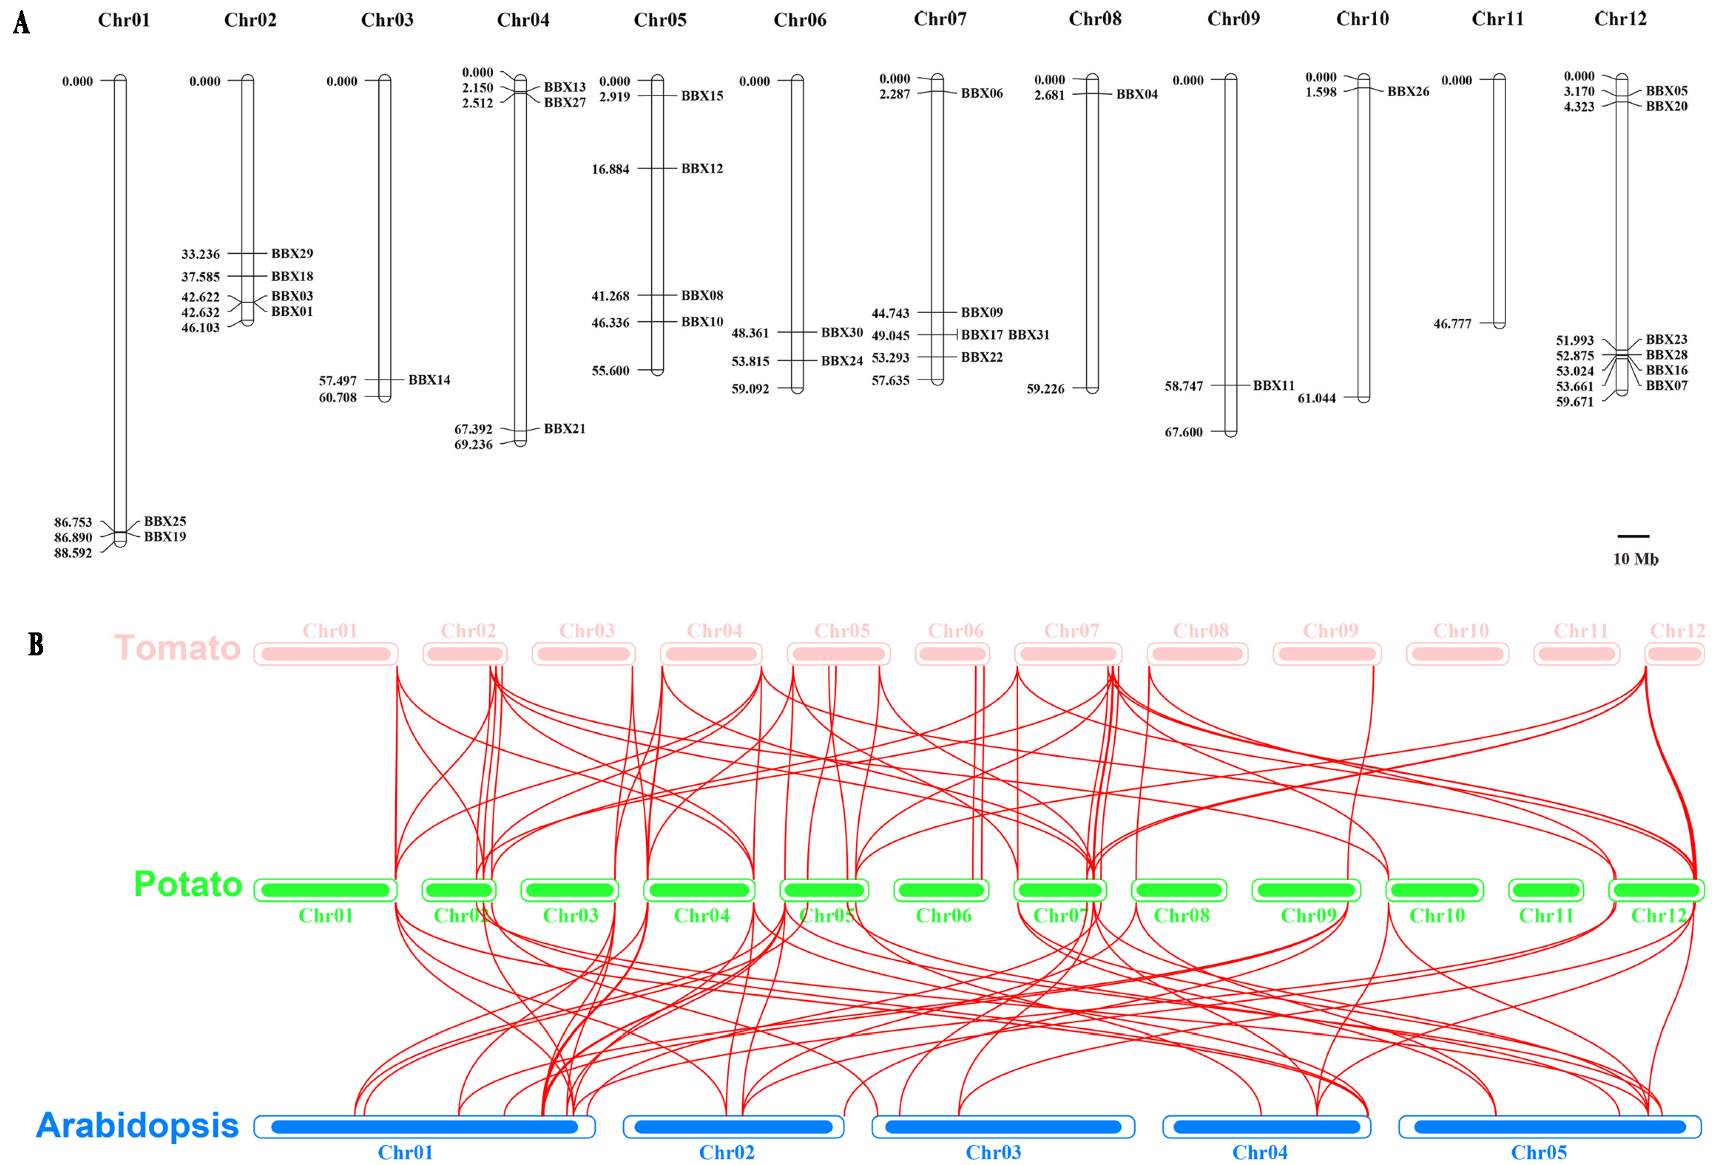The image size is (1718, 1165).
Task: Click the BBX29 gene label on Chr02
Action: (292, 254)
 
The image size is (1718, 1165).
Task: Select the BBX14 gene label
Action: (429, 380)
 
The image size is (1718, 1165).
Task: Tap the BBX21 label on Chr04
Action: (564, 429)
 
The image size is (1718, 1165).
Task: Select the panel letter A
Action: (22, 23)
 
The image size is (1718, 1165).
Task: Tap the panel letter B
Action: (35, 644)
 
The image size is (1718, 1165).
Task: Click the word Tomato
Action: (178, 648)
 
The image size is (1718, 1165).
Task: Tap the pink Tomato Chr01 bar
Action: (325, 654)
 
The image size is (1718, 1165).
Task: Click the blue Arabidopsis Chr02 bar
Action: (733, 1126)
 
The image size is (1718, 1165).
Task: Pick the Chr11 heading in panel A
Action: (1497, 19)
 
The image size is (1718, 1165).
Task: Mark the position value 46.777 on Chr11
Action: (1452, 324)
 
